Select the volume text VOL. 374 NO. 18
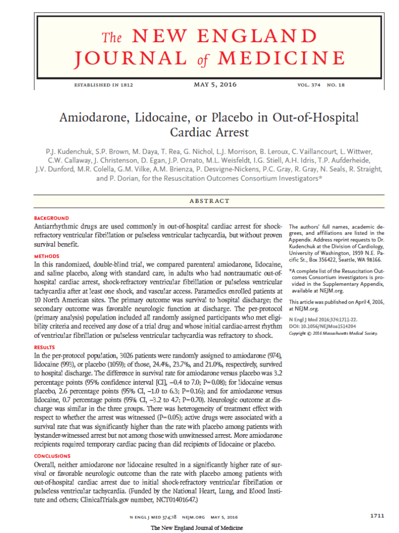(321, 85)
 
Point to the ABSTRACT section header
(209, 201)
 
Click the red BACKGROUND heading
(51, 218)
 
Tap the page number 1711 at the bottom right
(377, 516)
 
